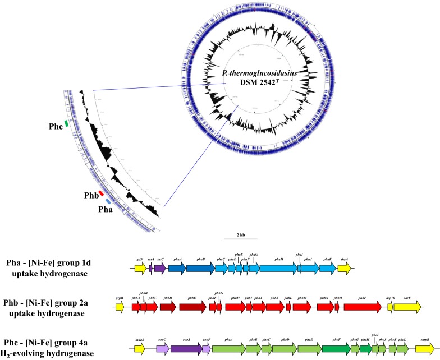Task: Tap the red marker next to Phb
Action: point(102,193)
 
